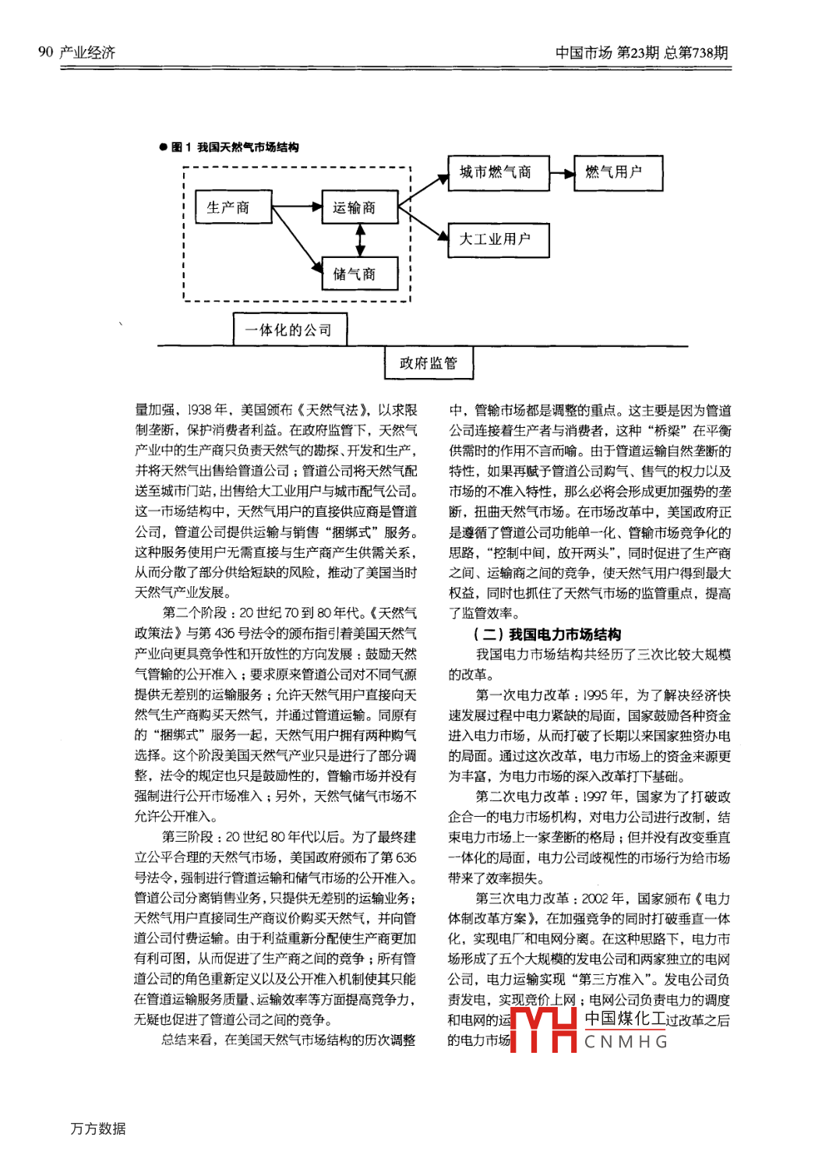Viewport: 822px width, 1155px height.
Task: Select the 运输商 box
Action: pyautogui.click(x=359, y=207)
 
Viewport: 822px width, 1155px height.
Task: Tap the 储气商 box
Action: pyautogui.click(x=359, y=274)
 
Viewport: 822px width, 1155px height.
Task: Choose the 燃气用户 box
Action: pyautogui.click(x=618, y=172)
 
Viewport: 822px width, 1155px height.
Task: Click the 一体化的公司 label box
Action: pyautogui.click(x=290, y=330)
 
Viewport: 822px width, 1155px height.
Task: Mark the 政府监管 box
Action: pyautogui.click(x=429, y=363)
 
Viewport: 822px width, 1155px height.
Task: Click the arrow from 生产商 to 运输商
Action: pyautogui.click(x=296, y=207)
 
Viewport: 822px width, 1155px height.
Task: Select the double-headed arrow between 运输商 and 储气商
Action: pyautogui.click(x=359, y=240)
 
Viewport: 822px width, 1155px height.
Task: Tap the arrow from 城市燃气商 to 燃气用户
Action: pyautogui.click(x=562, y=173)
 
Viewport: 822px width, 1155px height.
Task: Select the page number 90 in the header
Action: pyautogui.click(x=45, y=52)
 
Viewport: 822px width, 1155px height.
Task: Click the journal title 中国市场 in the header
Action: pyautogui.click(x=583, y=53)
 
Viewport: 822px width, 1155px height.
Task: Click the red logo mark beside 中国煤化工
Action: pyautogui.click(x=543, y=1030)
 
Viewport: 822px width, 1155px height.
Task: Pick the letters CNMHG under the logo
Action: pyautogui.click(x=626, y=1042)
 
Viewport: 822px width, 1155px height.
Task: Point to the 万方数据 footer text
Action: pyautogui.click(x=98, y=1129)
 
